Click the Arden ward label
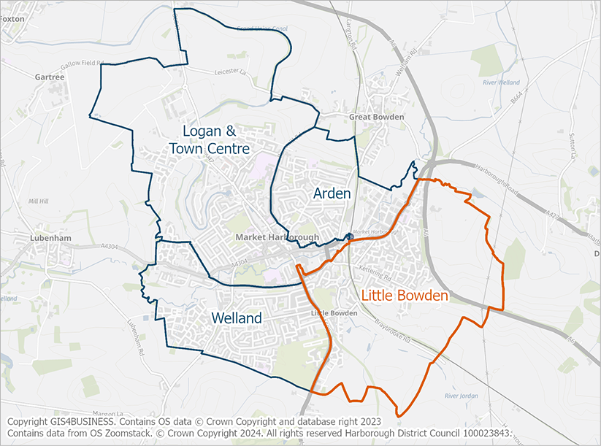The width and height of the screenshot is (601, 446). tap(332, 193)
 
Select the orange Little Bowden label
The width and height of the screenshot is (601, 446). tap(404, 295)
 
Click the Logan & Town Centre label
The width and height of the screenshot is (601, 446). tap(209, 139)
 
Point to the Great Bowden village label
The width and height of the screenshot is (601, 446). tap(375, 117)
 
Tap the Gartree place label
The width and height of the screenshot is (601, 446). tap(50, 76)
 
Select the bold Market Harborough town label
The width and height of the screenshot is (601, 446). tap(277, 238)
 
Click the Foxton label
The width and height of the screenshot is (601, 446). tap(12, 19)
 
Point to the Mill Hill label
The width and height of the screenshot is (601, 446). tap(37, 200)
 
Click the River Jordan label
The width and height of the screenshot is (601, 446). tap(461, 396)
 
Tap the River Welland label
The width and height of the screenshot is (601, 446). tap(501, 83)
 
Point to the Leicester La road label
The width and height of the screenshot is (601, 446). tap(232, 72)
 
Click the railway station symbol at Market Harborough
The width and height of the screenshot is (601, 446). tap(351, 237)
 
